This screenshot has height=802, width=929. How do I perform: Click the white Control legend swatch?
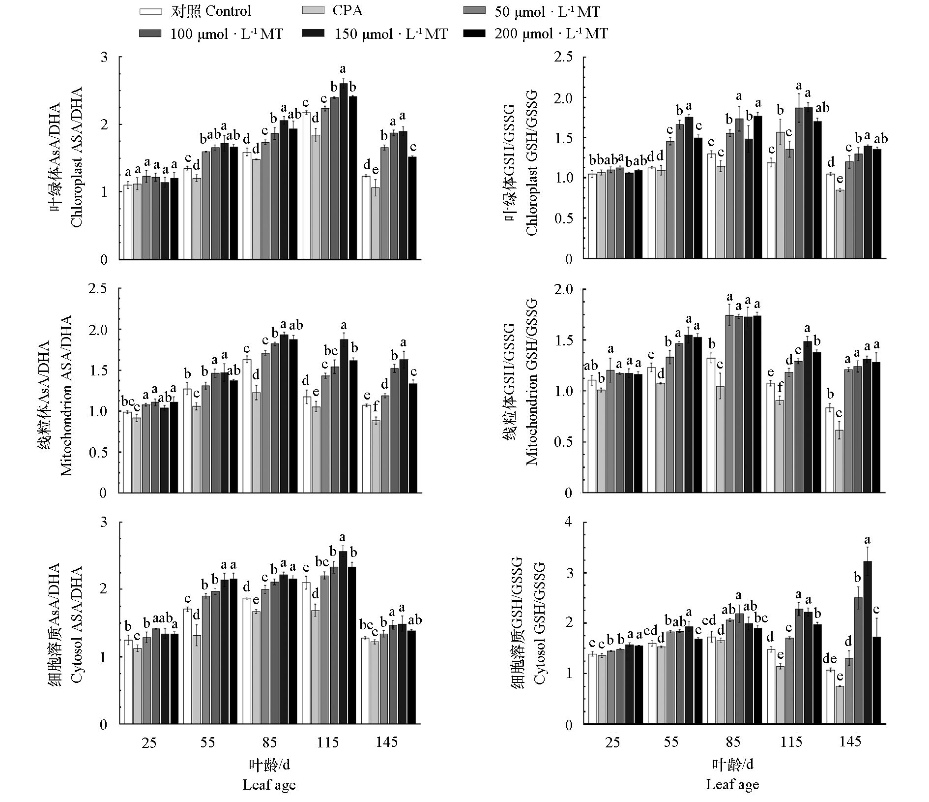tap(150, 11)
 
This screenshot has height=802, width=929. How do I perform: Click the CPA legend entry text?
tap(348, 10)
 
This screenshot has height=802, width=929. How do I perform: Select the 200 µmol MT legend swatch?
tap(474, 33)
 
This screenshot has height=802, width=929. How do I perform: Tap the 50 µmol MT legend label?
tap(547, 11)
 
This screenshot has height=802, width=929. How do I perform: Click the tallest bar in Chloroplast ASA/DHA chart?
tap(343, 171)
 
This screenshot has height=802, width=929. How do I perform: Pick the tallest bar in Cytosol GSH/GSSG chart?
tap(867, 642)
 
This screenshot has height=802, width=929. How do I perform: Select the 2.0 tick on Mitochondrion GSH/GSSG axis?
tap(566, 289)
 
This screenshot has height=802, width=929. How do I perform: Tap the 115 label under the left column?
tap(327, 742)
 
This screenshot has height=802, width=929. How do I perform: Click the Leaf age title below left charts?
tap(269, 785)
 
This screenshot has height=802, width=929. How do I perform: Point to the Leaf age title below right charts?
tap(732, 785)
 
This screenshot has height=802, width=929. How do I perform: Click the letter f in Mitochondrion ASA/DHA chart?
tap(376, 407)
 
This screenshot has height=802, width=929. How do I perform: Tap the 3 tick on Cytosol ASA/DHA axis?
tap(103, 522)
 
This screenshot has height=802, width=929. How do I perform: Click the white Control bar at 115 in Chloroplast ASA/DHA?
tap(307, 185)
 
